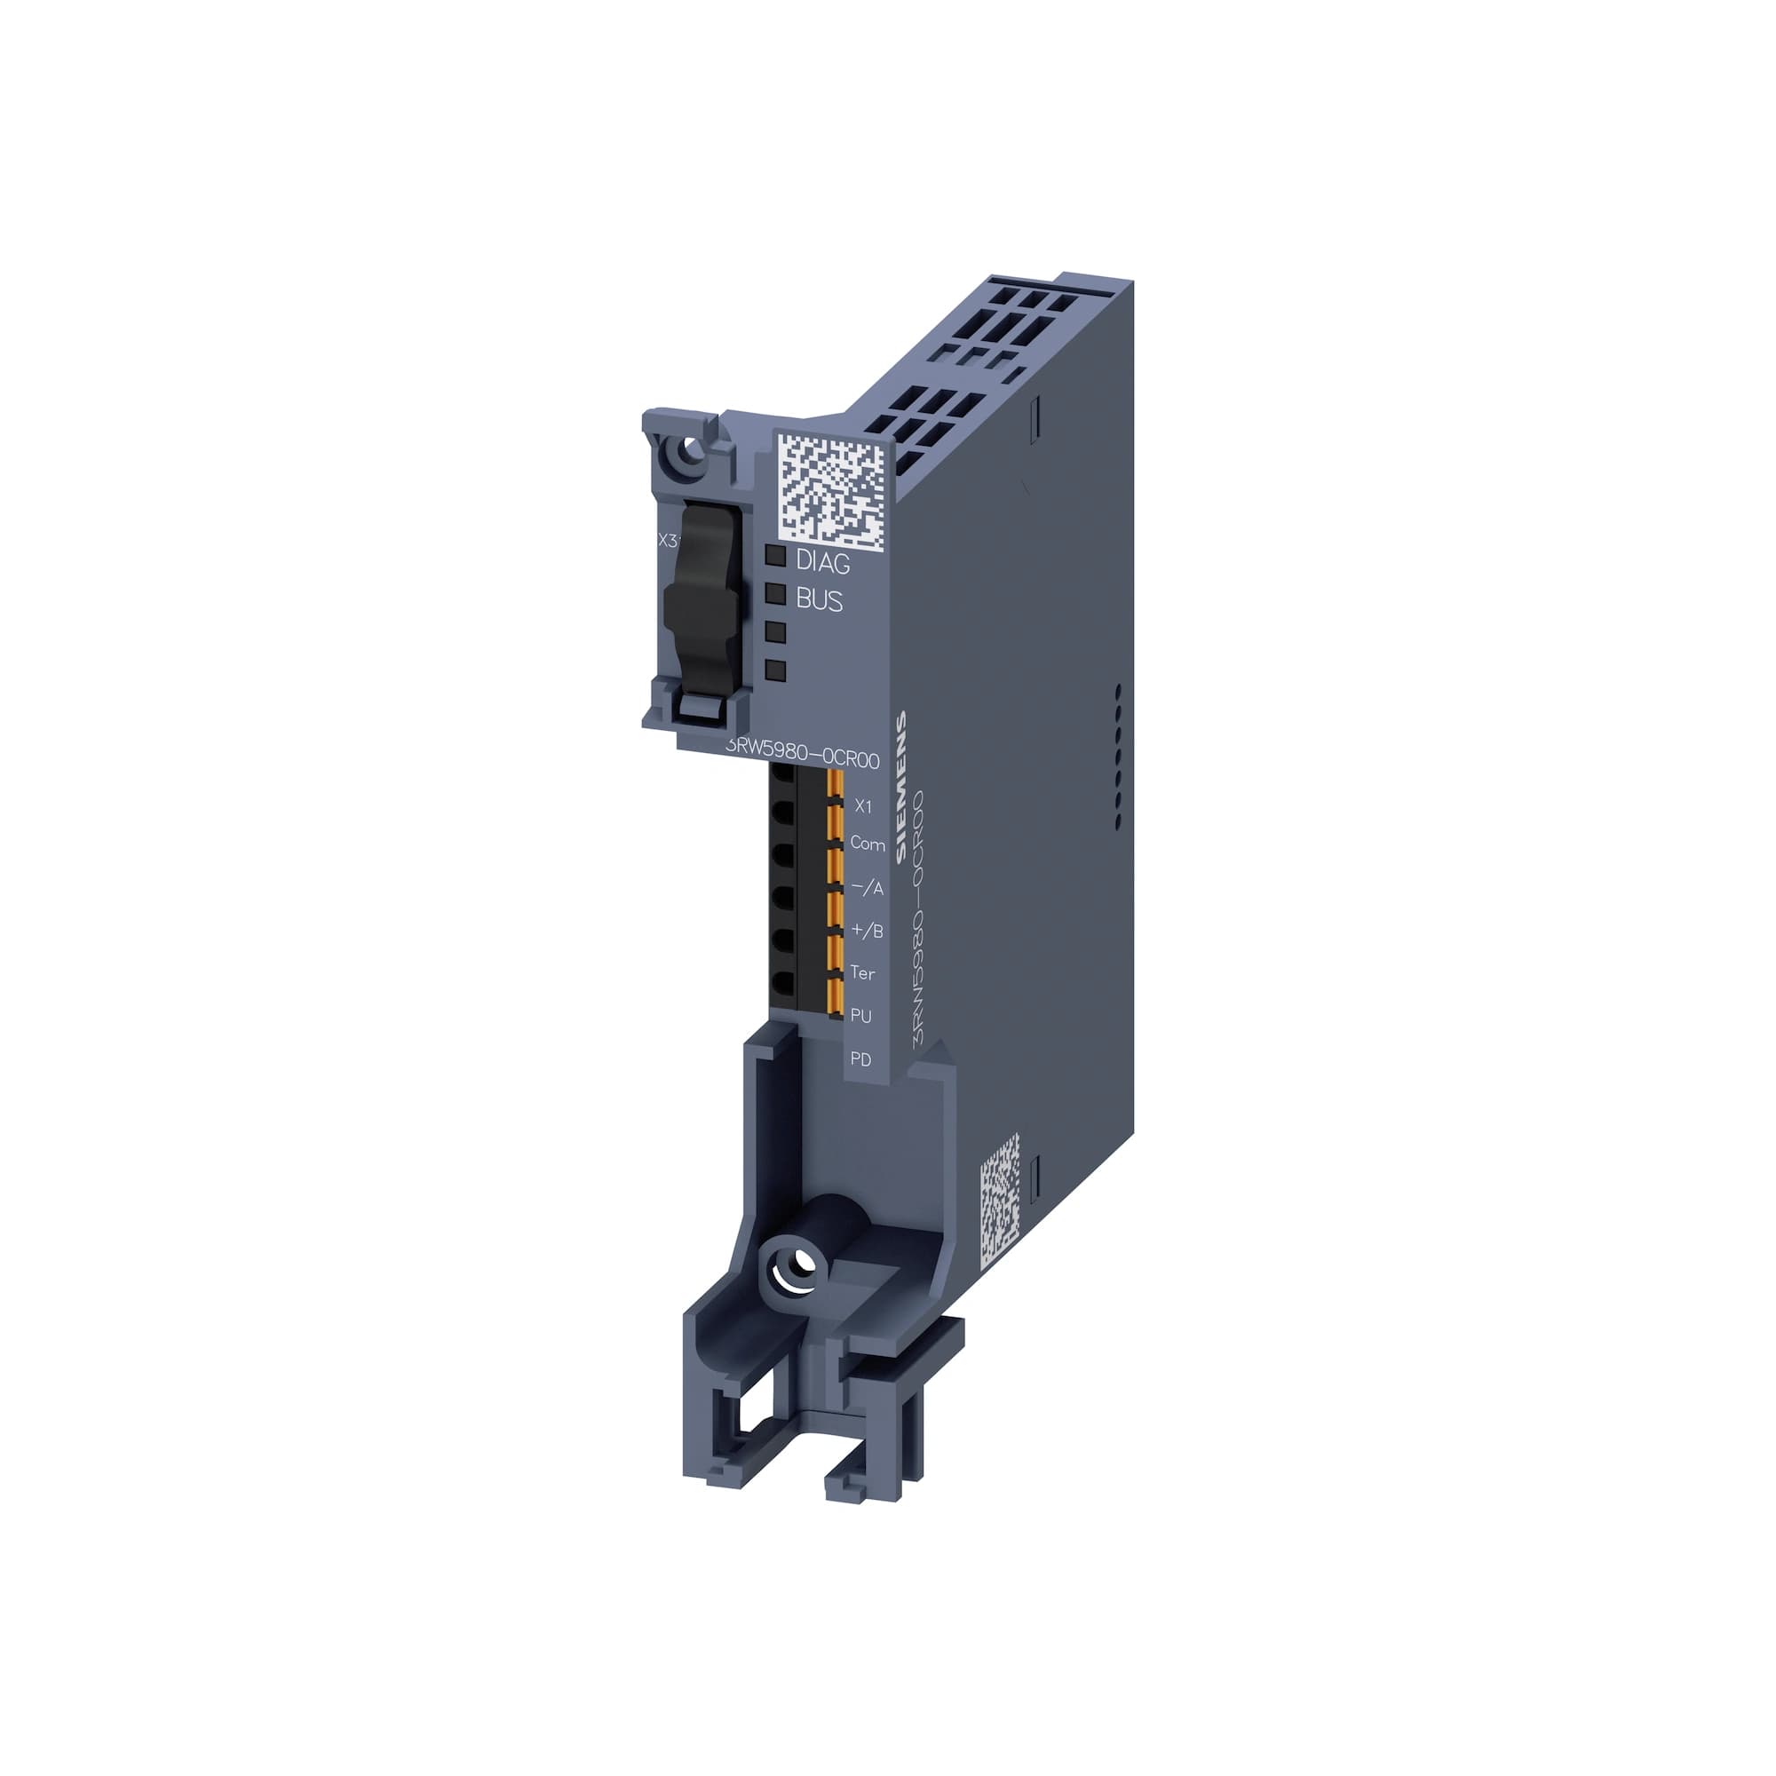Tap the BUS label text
pos(818,600)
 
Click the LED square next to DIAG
pos(775,555)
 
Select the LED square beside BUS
pos(775,593)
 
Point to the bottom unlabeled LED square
pos(775,670)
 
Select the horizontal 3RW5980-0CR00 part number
pos(803,758)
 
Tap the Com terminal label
pos(867,843)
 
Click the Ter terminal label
pos(862,972)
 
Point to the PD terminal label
pos(860,1059)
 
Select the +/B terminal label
pos(866,931)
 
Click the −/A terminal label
pos(866,888)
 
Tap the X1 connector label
pos(863,806)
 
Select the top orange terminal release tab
pos(836,783)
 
